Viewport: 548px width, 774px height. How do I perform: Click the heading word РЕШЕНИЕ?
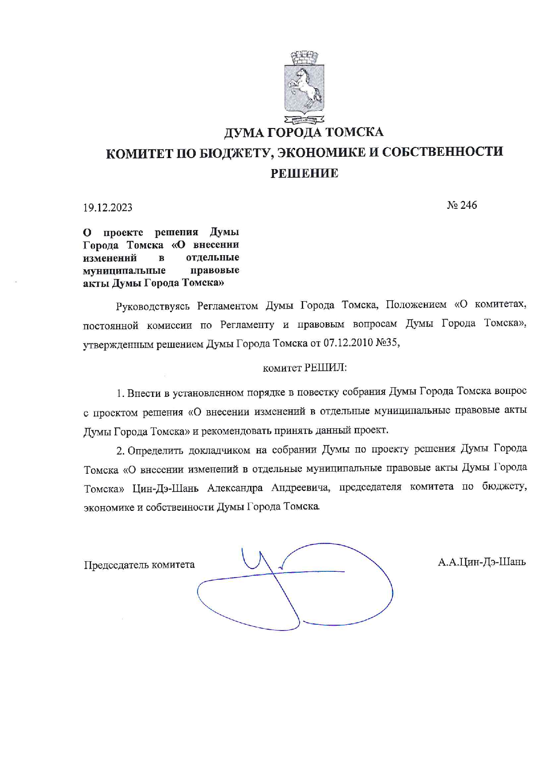pos(304,174)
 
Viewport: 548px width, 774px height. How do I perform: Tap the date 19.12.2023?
pos(107,208)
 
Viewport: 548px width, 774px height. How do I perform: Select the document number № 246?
pos(462,205)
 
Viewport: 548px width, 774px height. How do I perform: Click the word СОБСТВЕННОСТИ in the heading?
pos(442,152)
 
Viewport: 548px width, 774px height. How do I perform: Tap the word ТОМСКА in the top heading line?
pos(354,132)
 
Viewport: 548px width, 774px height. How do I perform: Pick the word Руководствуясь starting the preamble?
pos(152,306)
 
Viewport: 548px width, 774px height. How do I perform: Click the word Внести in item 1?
pos(141,393)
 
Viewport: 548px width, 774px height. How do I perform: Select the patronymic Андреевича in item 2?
pos(301,488)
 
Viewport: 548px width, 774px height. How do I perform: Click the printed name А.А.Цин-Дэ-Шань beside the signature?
pos(482,562)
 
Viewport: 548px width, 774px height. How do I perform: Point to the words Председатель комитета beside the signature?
pos(139,565)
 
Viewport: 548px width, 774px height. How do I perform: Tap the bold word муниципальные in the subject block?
pos(124,270)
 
